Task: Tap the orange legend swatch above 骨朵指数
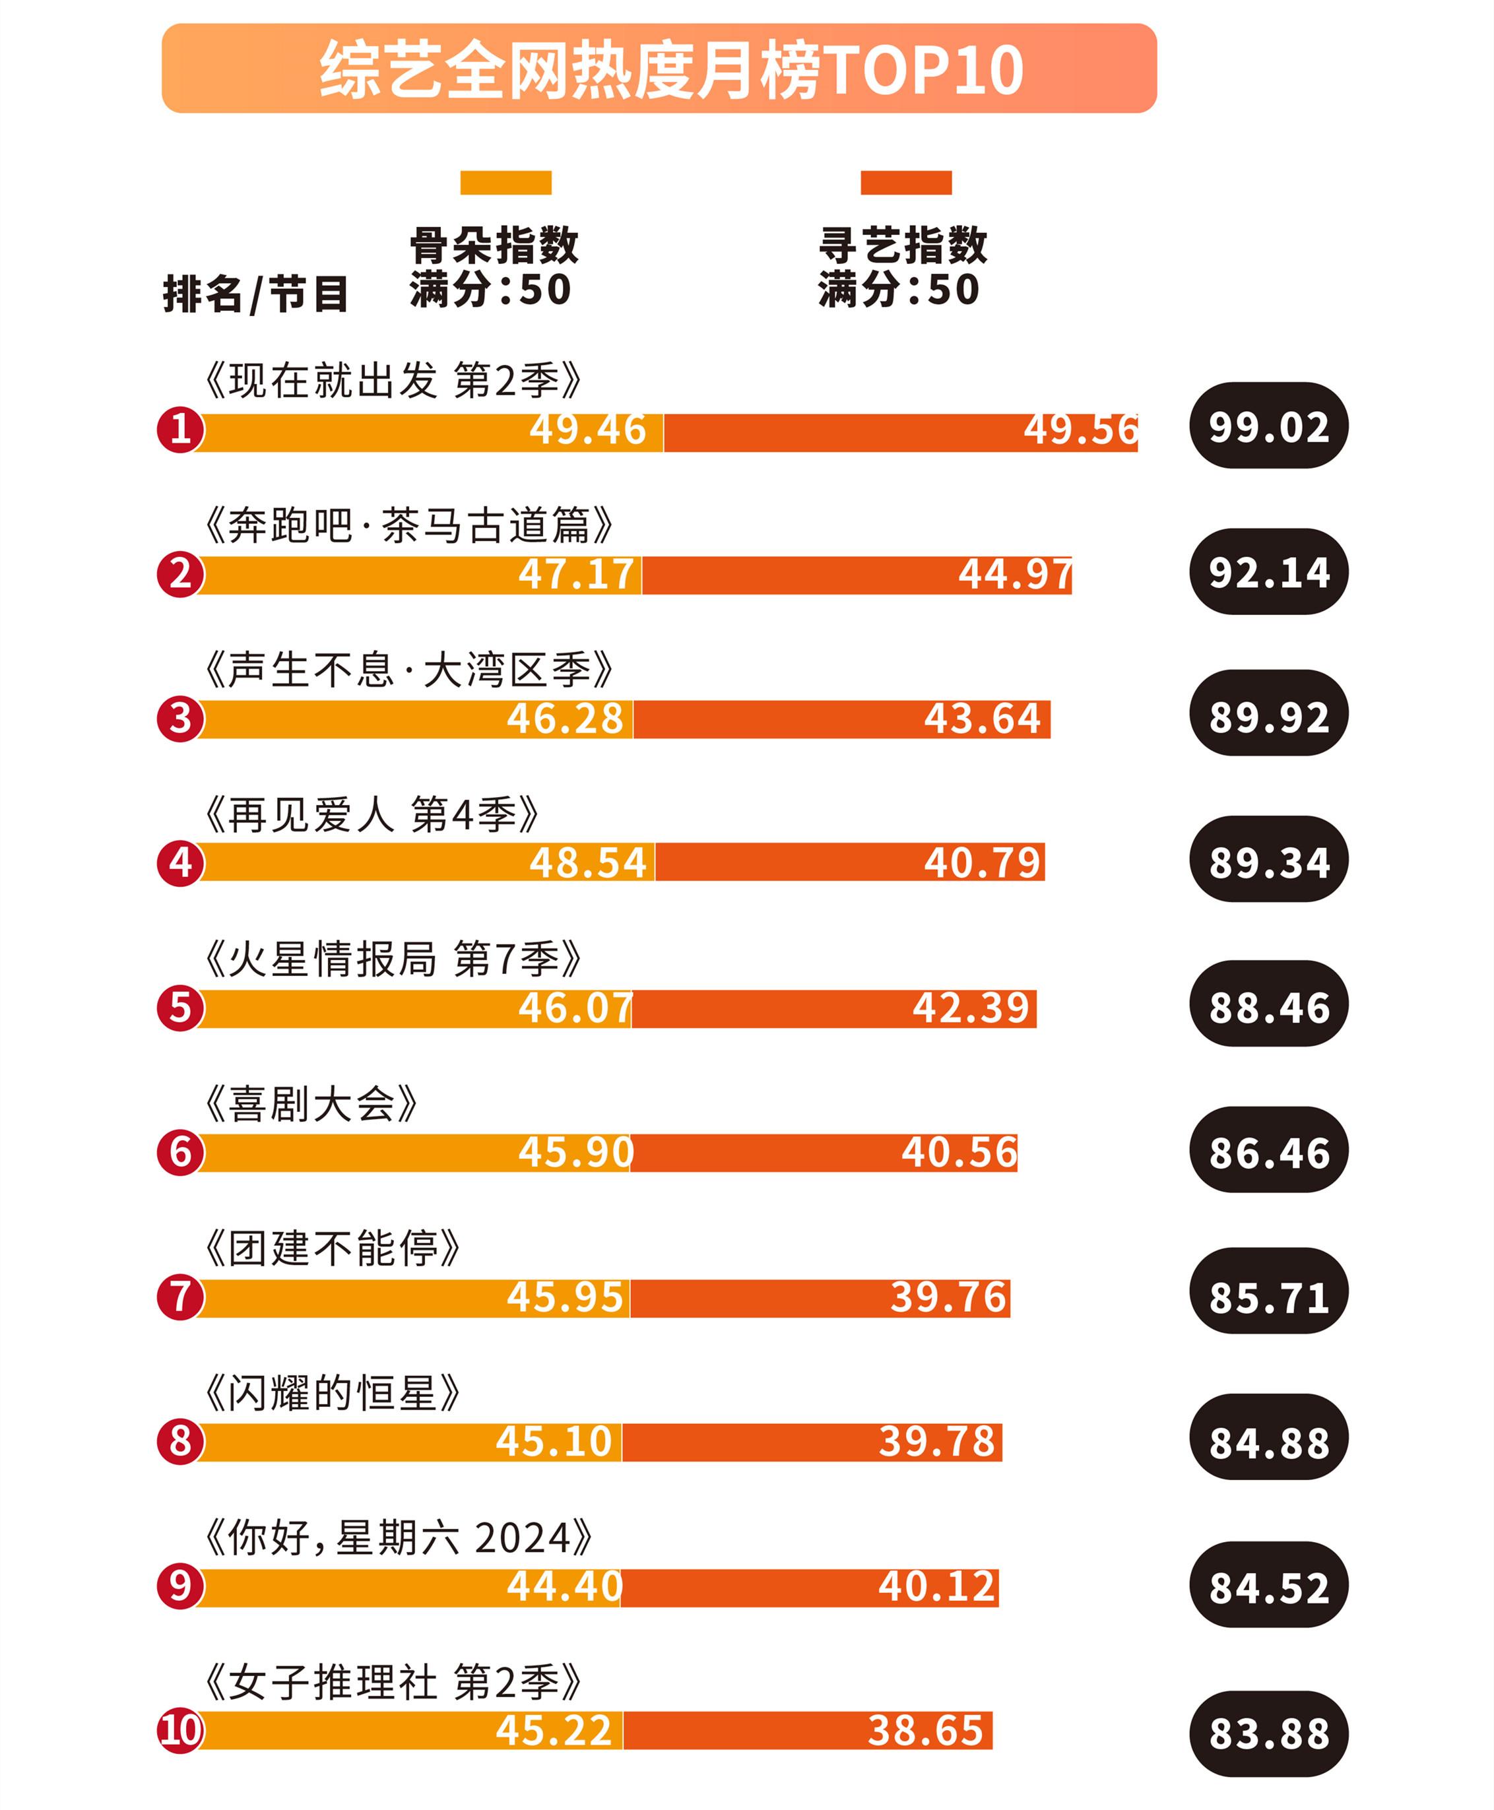(505, 183)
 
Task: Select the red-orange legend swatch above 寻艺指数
(905, 183)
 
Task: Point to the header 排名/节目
(255, 294)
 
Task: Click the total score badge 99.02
(1268, 426)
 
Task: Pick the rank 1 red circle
(180, 430)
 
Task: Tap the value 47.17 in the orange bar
(575, 574)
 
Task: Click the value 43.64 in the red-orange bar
(982, 719)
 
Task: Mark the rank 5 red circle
(180, 1007)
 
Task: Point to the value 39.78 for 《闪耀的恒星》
(936, 1442)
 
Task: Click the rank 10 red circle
(180, 1730)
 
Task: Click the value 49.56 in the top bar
(1080, 430)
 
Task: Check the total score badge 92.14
(1268, 572)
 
